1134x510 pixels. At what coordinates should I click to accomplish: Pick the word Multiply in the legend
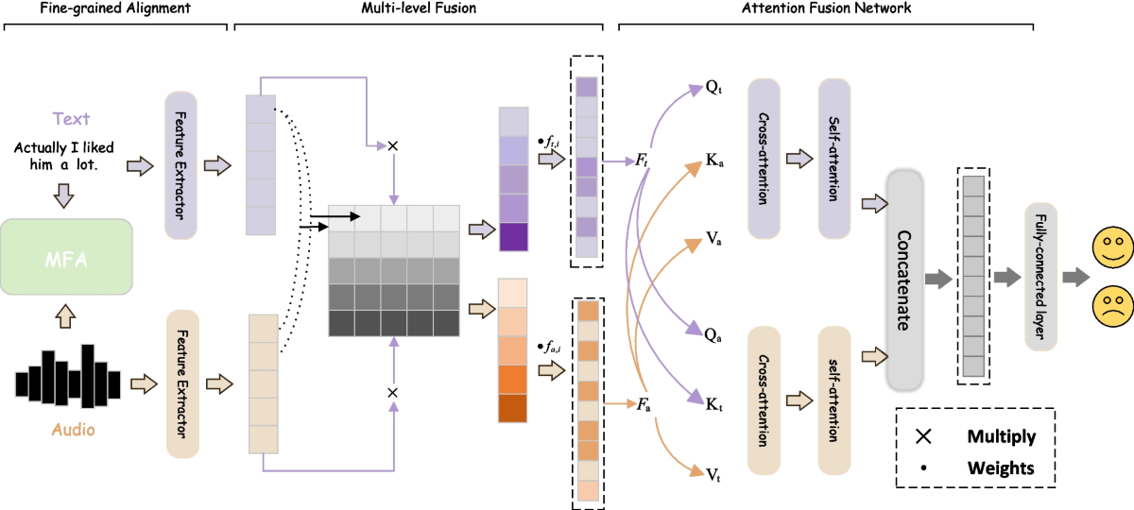coord(1001,436)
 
